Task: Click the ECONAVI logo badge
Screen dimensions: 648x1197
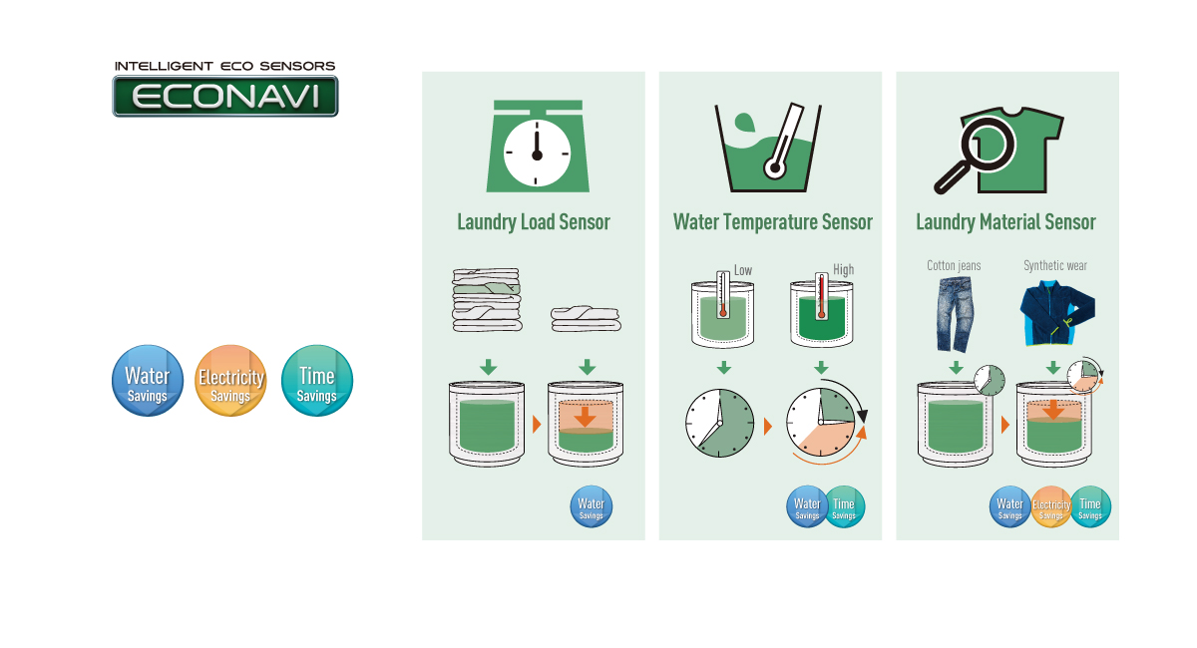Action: coord(224,97)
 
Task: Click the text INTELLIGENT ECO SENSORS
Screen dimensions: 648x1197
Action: coord(224,66)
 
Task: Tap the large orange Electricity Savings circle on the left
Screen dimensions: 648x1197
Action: coord(230,381)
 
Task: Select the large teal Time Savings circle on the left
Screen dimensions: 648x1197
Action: coord(317,381)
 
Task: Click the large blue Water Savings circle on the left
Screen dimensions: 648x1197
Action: coord(147,381)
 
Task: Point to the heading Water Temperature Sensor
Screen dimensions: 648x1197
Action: coord(772,222)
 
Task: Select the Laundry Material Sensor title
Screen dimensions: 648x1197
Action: coord(1005,222)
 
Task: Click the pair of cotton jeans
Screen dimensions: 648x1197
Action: coord(955,314)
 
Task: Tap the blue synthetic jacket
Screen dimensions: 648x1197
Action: coord(1053,314)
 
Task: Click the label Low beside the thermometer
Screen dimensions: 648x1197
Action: coord(743,270)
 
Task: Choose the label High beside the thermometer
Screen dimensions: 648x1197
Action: coord(843,270)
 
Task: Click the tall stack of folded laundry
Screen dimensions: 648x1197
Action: coord(486,299)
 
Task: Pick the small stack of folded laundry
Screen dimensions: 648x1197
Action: coord(586,317)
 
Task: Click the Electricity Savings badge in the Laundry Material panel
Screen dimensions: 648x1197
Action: coord(1050,507)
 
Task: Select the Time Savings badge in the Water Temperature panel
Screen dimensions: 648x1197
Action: coord(844,507)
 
